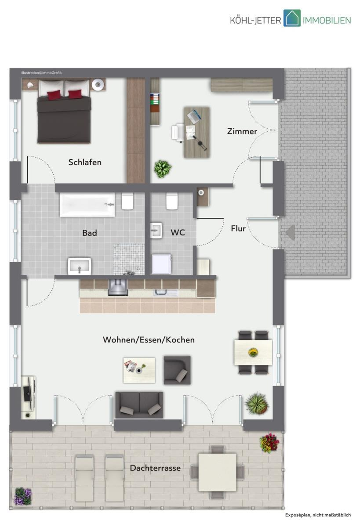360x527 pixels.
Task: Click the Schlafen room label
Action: point(85,162)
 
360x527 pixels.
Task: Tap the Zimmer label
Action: point(242,131)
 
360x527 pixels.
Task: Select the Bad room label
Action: point(90,233)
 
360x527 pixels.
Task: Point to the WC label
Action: point(178,232)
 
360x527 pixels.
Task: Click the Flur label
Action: point(238,228)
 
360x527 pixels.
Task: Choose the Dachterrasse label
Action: point(155,468)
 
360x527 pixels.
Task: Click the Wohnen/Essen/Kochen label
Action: point(149,340)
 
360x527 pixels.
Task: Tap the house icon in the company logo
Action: point(292,18)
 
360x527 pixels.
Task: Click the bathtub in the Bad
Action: point(87,205)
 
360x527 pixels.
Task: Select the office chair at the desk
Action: point(178,133)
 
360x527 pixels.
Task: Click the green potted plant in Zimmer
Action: point(163,169)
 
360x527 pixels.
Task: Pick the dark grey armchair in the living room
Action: point(177,370)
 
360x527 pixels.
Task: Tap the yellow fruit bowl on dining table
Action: point(253,352)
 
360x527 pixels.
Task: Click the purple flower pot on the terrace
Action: point(23,496)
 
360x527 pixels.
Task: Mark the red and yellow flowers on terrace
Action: point(269,443)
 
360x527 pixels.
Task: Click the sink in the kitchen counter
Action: point(166,292)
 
